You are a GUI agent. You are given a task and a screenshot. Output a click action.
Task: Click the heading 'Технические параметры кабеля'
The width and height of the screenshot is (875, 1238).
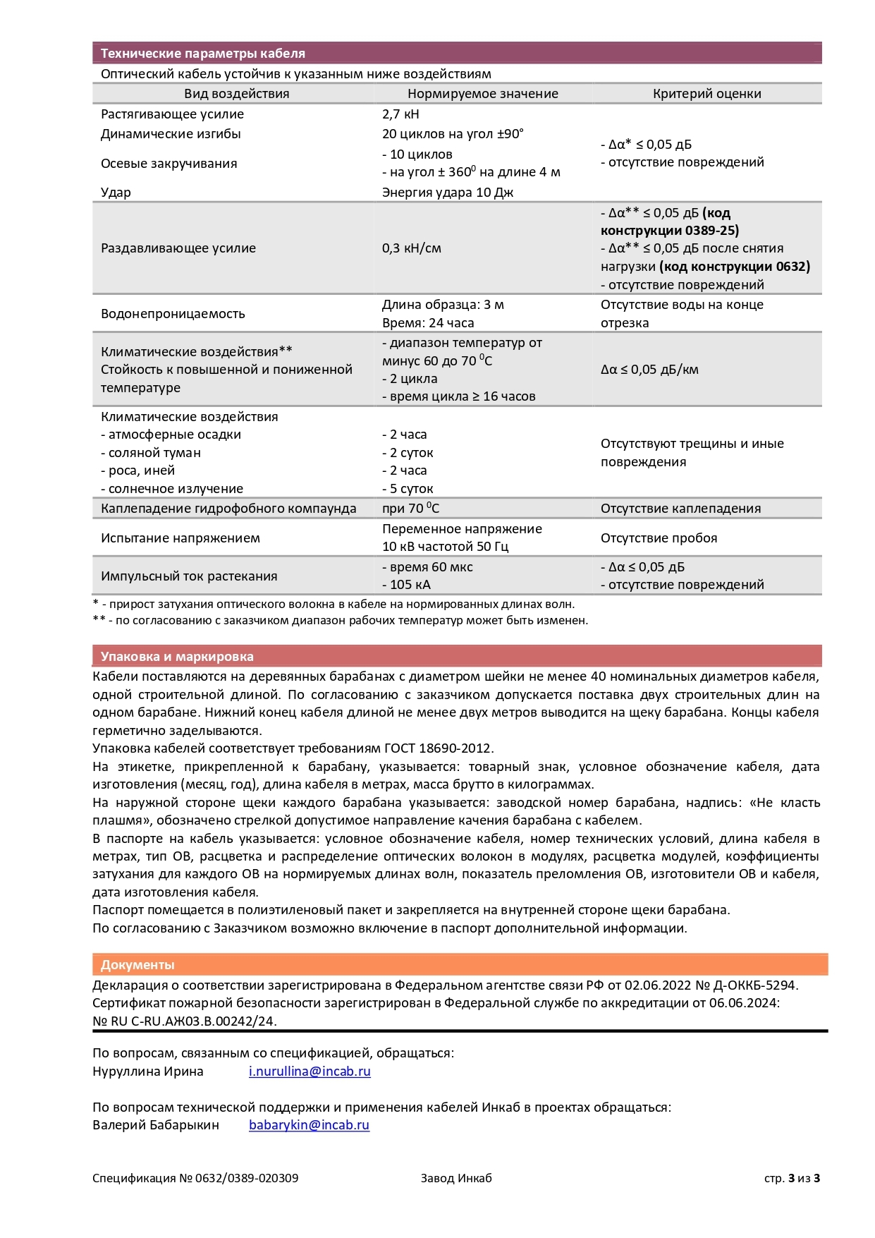click(202, 54)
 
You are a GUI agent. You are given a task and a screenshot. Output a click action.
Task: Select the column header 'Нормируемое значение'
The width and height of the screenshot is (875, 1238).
click(482, 94)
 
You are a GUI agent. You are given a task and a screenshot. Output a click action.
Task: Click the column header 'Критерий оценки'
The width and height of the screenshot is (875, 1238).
click(706, 94)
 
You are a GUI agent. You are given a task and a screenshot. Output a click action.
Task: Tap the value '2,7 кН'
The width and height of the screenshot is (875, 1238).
click(400, 114)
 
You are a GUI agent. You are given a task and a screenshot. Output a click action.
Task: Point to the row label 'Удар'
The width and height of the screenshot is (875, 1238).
click(116, 193)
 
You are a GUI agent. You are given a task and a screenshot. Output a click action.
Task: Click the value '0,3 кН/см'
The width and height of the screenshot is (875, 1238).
click(411, 248)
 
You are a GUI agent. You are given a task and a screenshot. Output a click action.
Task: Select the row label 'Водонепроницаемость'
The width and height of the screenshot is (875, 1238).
click(173, 314)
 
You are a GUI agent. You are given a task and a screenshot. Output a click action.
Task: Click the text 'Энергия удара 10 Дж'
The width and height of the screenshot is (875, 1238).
click(448, 193)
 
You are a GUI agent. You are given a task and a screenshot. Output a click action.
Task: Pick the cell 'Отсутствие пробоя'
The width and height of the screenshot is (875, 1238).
click(659, 538)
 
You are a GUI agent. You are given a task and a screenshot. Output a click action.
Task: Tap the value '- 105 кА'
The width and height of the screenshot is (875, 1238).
click(406, 585)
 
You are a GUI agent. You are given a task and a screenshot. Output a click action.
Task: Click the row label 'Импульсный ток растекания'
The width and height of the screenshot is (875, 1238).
click(189, 576)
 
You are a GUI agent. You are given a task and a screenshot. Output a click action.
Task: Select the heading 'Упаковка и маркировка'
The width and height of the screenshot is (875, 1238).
click(177, 657)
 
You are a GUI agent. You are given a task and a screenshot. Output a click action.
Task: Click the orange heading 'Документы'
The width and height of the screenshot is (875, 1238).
click(137, 965)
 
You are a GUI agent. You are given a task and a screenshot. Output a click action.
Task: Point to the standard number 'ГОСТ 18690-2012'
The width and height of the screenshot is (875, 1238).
click(437, 748)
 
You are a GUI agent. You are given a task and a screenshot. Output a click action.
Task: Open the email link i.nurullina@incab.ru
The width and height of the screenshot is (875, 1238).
click(310, 1072)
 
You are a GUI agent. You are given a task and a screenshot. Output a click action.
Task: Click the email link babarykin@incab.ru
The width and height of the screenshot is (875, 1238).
click(309, 1125)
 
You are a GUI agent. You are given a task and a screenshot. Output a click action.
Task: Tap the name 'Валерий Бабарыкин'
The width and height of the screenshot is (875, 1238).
click(156, 1125)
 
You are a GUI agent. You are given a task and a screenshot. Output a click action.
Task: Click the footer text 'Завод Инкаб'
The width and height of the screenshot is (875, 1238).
click(456, 1178)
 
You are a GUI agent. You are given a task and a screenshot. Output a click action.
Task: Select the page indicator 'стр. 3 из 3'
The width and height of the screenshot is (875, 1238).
click(792, 1178)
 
